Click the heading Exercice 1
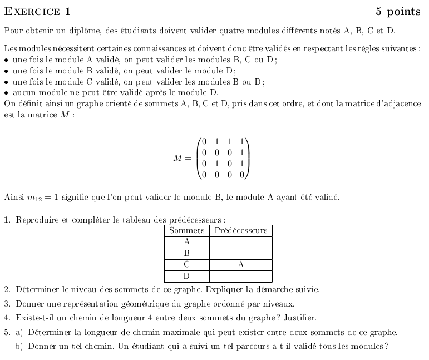point(37,12)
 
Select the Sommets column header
point(186,230)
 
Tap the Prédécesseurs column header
point(240,230)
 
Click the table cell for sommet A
point(186,242)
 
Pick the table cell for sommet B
point(186,253)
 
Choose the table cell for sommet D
point(186,276)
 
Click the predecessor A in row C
point(240,265)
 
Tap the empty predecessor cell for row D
point(240,276)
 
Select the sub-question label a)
point(19,333)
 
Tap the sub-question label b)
point(19,347)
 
